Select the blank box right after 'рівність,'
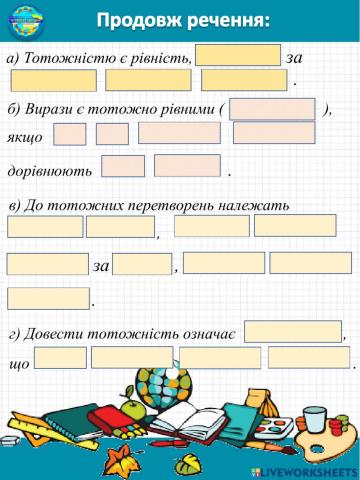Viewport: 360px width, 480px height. pyautogui.click(x=238, y=55)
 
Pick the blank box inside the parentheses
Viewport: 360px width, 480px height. pyautogui.click(x=272, y=109)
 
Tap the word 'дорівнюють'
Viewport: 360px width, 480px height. pyautogui.click(x=50, y=170)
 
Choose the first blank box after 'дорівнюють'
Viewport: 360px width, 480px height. pyautogui.click(x=123, y=166)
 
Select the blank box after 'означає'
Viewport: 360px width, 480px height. pyautogui.click(x=291, y=330)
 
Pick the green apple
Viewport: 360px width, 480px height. pyautogui.click(x=135, y=409)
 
